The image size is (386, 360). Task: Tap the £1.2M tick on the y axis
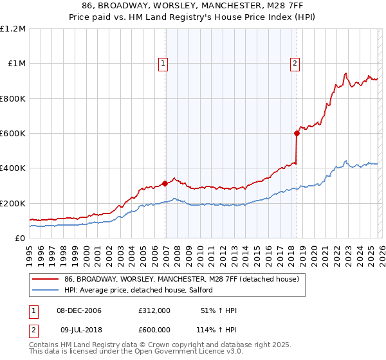click(13, 29)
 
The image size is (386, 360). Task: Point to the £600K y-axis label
click(13, 134)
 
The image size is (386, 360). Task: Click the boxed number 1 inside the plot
click(163, 63)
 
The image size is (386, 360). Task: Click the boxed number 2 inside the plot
click(295, 63)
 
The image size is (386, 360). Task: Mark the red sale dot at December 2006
click(165, 183)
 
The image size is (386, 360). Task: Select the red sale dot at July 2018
click(297, 134)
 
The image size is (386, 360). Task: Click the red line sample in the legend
click(45, 280)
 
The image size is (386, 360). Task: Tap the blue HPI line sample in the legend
click(45, 291)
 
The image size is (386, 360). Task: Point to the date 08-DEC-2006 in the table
click(78, 310)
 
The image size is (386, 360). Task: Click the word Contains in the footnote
click(44, 346)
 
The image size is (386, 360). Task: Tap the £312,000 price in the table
click(154, 310)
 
